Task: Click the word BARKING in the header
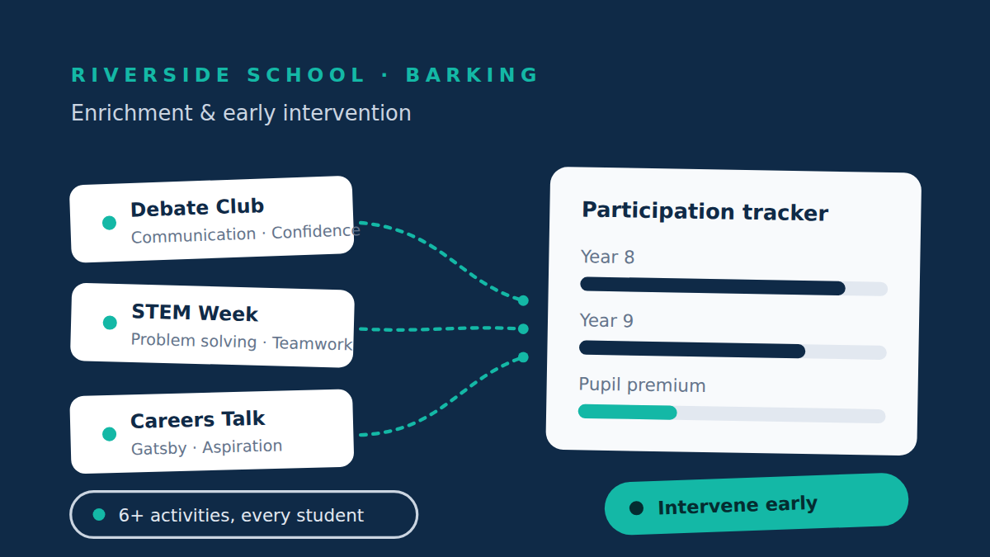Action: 472,75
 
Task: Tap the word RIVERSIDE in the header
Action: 151,75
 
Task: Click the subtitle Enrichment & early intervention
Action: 241,113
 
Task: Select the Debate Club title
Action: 197,208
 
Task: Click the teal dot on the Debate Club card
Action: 109,223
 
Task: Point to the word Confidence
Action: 315,232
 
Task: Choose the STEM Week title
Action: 195,313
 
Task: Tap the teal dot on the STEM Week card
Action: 110,323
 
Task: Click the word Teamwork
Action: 312,343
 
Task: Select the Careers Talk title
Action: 197,419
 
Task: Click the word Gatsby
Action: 159,449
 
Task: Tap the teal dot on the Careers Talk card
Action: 109,434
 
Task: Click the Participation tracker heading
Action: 705,211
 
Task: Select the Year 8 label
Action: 607,257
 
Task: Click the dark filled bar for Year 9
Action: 692,349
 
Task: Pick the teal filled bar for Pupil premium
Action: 628,412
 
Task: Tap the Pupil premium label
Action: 642,385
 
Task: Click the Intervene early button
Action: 757,504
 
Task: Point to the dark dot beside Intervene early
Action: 636,508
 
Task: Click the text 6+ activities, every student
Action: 241,516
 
